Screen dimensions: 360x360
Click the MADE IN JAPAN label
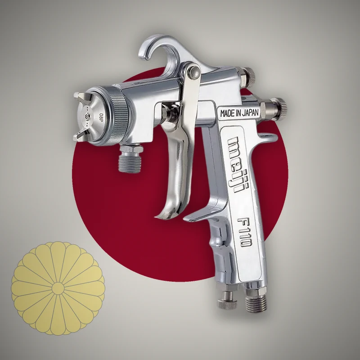(239, 112)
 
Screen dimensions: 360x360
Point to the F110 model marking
(245, 232)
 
